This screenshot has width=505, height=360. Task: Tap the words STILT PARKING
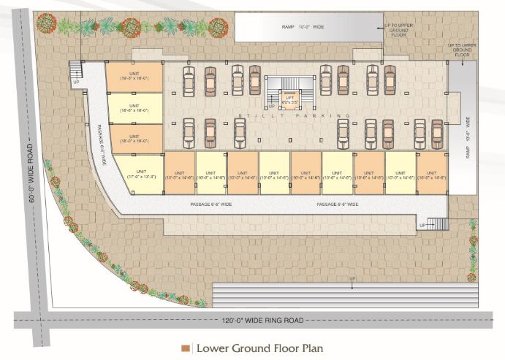tap(292, 116)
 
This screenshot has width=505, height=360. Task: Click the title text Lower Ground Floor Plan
tap(258, 348)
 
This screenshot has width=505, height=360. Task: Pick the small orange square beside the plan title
tap(186, 348)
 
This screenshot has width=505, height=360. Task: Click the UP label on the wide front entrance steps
tap(352, 280)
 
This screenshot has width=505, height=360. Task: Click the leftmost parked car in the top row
tap(188, 81)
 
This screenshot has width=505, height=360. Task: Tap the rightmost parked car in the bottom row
tap(437, 134)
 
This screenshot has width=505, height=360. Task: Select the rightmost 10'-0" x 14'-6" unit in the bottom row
tap(431, 173)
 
